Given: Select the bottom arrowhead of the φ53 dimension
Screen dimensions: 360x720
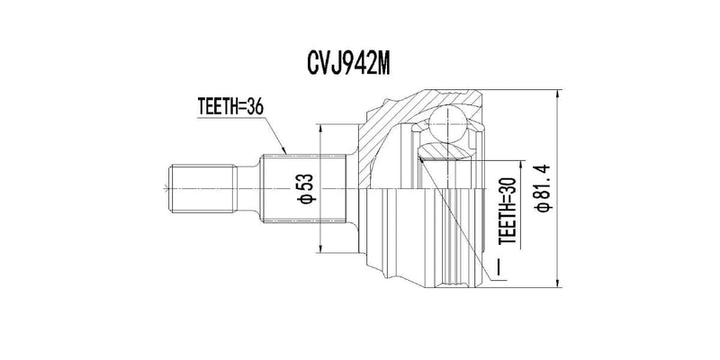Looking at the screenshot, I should point(321,249).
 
